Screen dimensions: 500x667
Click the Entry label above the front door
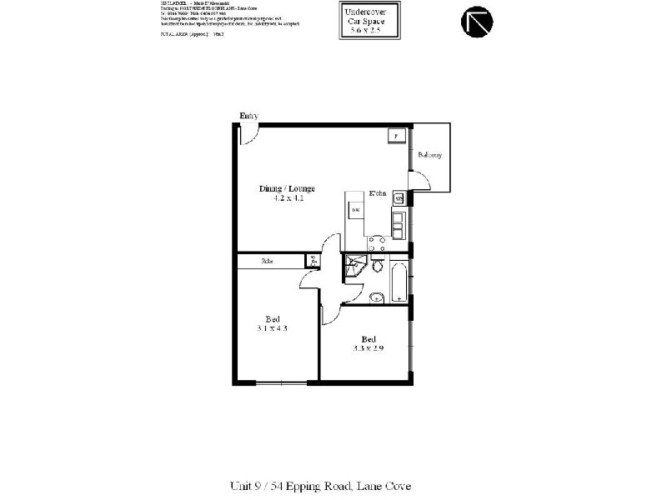coord(248,116)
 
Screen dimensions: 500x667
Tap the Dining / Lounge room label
coord(286,188)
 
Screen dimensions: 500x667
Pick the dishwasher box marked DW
coord(355,210)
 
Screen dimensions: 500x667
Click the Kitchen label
coord(378,193)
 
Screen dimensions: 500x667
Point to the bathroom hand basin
coord(375,296)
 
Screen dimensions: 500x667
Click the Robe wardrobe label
coord(267,261)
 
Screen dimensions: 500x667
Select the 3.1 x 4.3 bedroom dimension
coord(273,328)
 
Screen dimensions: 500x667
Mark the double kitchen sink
coord(399,222)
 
